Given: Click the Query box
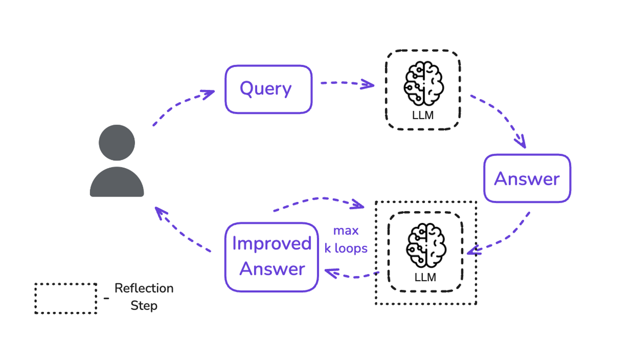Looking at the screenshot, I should click(x=268, y=89).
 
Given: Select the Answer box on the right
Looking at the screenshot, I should click(x=527, y=178).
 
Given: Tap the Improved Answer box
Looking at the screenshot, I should click(x=271, y=257).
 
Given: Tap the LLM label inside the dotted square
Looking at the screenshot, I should click(x=425, y=277).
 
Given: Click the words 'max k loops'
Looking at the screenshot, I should click(x=346, y=240).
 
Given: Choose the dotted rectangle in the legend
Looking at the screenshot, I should click(x=66, y=299).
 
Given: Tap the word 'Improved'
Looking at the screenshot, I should click(x=272, y=244).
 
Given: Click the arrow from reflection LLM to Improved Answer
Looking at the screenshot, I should click(x=351, y=275).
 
